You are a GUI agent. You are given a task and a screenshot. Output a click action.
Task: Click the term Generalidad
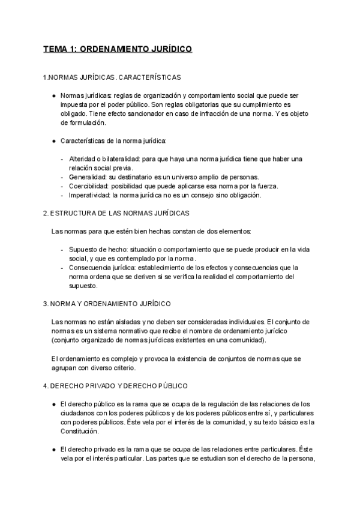(x=87, y=177)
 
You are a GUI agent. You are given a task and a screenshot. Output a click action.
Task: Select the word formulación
(x=83, y=123)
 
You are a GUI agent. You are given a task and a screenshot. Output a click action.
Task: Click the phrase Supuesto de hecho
(x=95, y=249)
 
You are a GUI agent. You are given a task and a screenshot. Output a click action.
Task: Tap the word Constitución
(x=79, y=431)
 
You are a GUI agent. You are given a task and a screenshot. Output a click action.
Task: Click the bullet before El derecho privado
(x=54, y=449)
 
